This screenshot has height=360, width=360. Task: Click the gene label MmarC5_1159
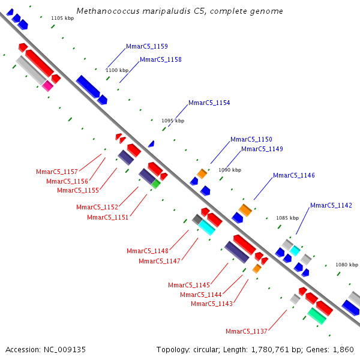147,46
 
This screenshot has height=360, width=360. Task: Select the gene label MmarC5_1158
161,59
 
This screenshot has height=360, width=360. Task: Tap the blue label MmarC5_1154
209,103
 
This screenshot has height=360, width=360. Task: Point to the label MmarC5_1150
251,139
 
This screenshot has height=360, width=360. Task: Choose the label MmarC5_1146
294,175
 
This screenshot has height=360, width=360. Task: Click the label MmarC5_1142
331,205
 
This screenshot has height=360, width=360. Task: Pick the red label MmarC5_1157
57,172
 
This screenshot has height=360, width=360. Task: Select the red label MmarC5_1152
97,207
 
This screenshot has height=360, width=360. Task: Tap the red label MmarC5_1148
148,251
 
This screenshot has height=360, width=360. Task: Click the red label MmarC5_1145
189,285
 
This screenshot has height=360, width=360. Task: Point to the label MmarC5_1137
247,331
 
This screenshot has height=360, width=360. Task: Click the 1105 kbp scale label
62,18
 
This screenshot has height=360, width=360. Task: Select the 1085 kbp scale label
287,218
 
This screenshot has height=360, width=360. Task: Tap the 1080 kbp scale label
347,265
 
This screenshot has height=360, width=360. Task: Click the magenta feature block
47,86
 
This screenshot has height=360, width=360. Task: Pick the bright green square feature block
156,184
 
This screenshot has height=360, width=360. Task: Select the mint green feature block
317,316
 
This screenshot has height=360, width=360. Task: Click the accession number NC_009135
65,350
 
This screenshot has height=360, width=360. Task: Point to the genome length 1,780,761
270,350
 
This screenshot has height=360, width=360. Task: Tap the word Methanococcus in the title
108,11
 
